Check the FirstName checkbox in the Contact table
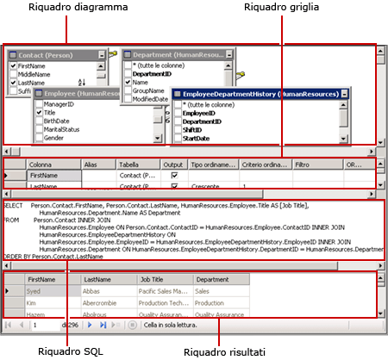pyautogui.click(x=13, y=65)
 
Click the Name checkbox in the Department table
pyautogui.click(x=128, y=82)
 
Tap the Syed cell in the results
pyautogui.click(x=35, y=292)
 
